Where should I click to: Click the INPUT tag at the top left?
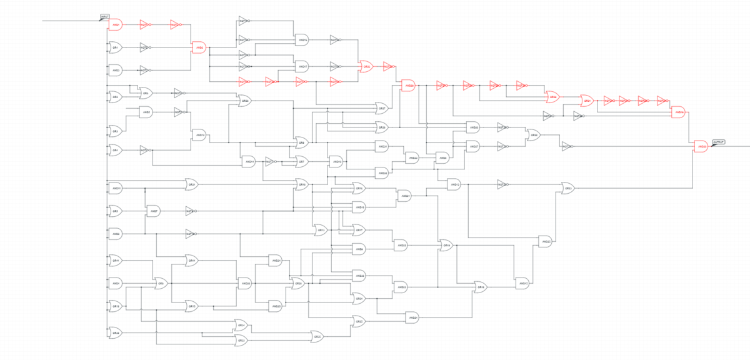(104, 17)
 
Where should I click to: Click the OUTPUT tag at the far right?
(718, 142)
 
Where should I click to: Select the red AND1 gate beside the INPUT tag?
(116, 25)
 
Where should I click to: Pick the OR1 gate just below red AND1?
(115, 47)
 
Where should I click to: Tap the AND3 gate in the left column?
(116, 70)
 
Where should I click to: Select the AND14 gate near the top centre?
(302, 40)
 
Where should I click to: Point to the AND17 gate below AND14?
(302, 66)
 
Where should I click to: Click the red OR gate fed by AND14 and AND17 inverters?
(366, 66)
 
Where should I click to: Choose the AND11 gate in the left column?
(116, 187)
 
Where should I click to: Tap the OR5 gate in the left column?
(115, 211)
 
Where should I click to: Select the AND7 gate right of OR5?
(154, 211)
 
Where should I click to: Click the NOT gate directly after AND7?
(189, 211)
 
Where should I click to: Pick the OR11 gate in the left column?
(115, 259)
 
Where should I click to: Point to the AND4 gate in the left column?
(116, 284)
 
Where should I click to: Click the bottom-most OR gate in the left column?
(115, 333)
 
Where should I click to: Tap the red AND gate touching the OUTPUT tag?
(702, 146)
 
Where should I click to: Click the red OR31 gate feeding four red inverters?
(587, 100)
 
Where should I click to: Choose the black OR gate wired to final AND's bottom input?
(568, 187)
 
